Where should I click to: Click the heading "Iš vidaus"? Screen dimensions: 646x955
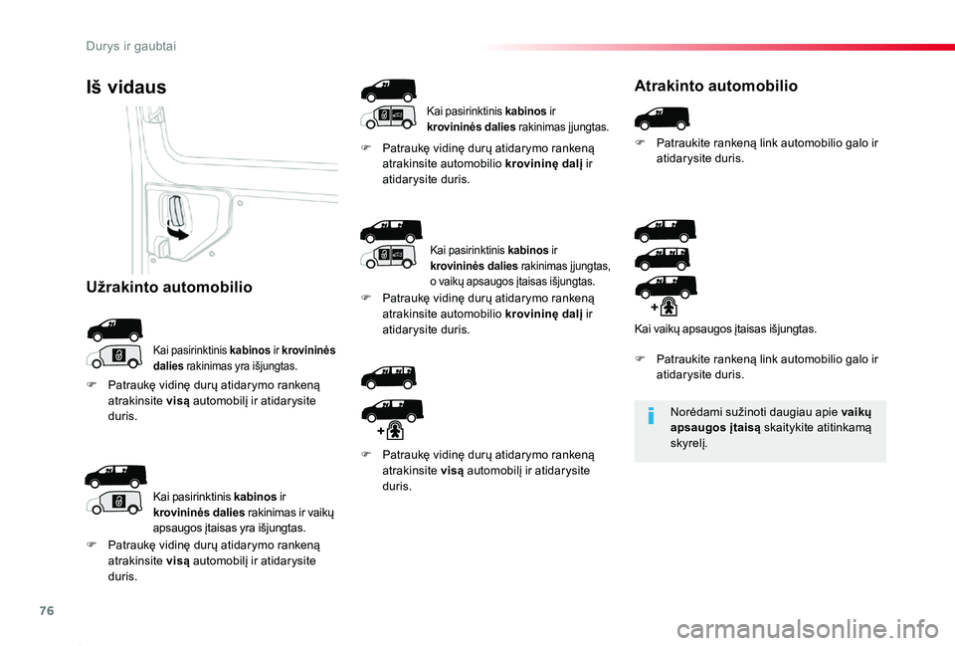(126, 88)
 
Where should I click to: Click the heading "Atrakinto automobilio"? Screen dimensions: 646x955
(715, 86)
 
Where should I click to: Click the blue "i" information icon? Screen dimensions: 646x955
(651, 416)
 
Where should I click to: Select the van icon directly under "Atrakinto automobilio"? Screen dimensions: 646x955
(662, 116)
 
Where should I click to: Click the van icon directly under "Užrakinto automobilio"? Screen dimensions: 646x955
(113, 327)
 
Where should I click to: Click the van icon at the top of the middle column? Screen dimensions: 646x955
(389, 91)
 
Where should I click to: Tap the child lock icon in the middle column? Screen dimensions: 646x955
(396, 431)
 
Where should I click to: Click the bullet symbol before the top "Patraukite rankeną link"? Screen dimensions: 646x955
(642, 143)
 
